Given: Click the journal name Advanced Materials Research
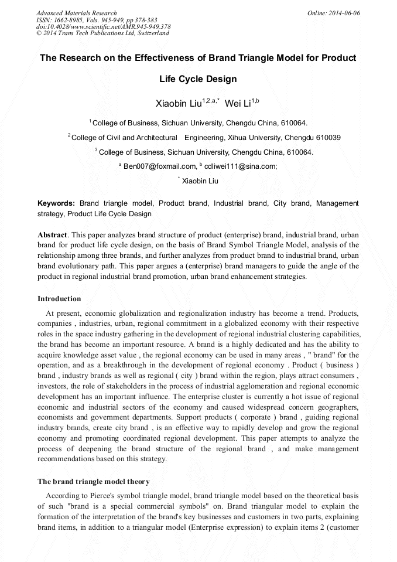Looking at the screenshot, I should point(76,13).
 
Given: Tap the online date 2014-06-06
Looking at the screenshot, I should point(344,13).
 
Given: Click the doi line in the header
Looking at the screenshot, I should point(103,27).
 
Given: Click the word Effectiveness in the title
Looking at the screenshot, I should point(156,58).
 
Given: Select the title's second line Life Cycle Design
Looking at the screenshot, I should point(198,79).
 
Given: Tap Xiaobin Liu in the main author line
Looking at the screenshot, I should point(178,104).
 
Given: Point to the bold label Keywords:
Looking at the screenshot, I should point(56,203).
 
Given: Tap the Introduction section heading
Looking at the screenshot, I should point(59,299).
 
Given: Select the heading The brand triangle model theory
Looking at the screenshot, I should point(94,482).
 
